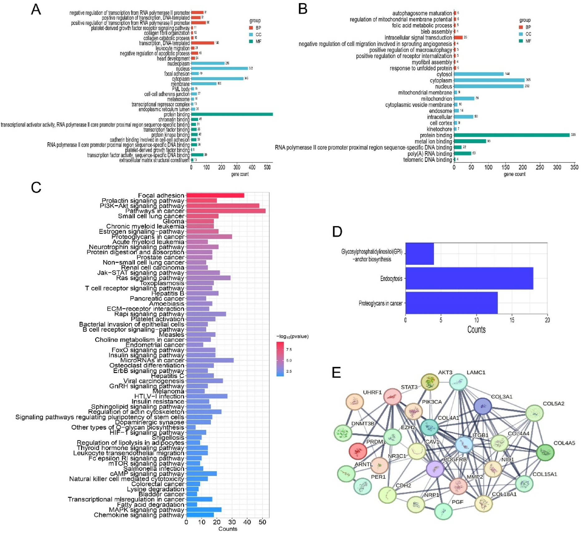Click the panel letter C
tap(36, 188)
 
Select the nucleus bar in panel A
tap(219, 69)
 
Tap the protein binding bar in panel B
tap(511, 135)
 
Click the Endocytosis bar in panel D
tap(469, 278)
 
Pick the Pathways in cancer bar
tap(226, 211)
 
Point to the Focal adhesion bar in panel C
tap(215, 196)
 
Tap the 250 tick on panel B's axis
tap(540, 167)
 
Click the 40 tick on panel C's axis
tap(247, 522)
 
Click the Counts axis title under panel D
tap(476, 329)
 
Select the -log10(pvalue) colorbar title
tap(292, 337)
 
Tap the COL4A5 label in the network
tap(564, 443)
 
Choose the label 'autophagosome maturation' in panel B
tap(422, 13)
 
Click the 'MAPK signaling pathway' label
tap(146, 510)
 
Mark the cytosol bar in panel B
tap(479, 74)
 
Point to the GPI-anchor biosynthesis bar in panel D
tap(419, 254)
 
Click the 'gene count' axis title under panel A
tap(240, 174)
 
